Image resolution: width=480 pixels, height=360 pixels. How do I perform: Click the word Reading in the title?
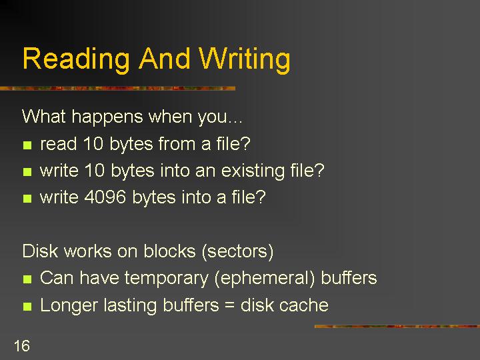click(76, 60)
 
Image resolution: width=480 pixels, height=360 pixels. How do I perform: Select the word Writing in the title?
click(245, 60)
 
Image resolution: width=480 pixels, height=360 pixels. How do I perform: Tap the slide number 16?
click(22, 346)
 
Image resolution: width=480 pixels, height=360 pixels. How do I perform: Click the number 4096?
click(105, 197)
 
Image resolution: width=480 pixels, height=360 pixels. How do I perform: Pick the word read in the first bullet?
click(58, 143)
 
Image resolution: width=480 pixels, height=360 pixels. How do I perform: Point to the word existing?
click(253, 171)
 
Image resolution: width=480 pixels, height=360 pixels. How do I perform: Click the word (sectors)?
click(237, 251)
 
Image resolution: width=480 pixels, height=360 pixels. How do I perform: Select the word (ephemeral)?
click(265, 278)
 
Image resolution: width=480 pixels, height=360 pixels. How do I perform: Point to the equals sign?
click(229, 306)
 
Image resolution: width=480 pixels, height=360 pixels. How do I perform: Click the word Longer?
click(69, 306)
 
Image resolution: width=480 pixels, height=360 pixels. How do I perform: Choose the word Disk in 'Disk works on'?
click(41, 251)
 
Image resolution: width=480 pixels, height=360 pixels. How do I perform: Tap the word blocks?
click(169, 251)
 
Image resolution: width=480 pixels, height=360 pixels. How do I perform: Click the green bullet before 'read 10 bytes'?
click(27, 145)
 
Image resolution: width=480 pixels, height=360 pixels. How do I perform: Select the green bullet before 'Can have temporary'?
click(27, 279)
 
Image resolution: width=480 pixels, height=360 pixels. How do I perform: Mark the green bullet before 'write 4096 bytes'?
click(27, 199)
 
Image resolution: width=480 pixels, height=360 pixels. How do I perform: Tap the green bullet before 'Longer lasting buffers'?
click(27, 307)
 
